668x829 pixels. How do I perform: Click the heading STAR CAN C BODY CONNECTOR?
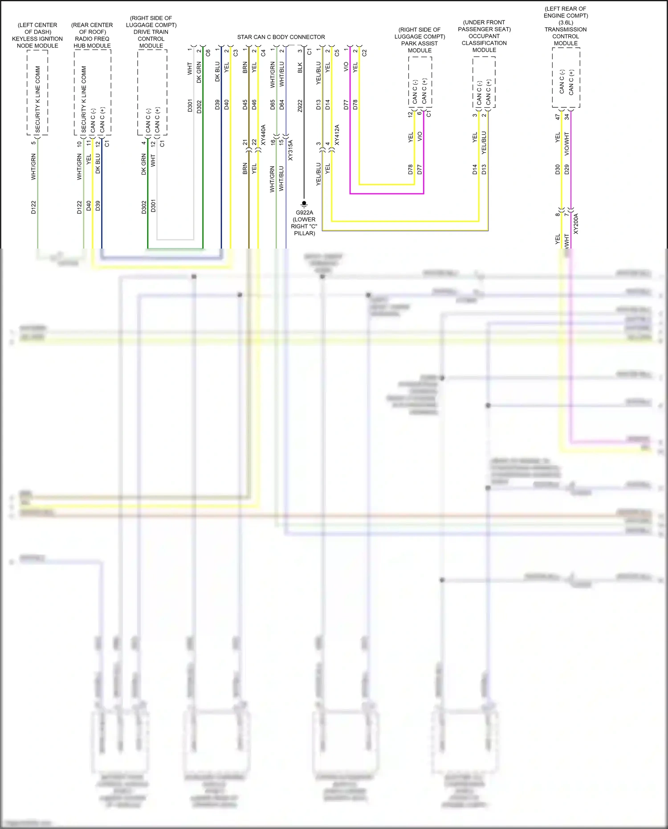(281, 37)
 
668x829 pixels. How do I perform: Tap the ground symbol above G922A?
(304, 204)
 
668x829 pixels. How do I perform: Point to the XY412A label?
(337, 135)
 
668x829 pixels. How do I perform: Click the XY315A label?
(290, 150)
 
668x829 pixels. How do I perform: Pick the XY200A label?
(576, 224)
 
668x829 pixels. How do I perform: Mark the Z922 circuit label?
(300, 106)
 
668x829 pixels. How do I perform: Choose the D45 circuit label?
(245, 105)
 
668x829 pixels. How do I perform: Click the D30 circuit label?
(558, 169)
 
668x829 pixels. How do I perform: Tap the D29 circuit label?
(567, 169)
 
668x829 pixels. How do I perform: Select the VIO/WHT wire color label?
(567, 143)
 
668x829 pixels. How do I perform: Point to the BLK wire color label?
(300, 68)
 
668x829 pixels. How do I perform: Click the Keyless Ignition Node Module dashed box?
(37, 92)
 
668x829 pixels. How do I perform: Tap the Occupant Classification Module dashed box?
(484, 82)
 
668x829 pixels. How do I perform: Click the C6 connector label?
(208, 53)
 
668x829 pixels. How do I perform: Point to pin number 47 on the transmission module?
(558, 117)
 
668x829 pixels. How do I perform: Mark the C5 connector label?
(337, 53)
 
